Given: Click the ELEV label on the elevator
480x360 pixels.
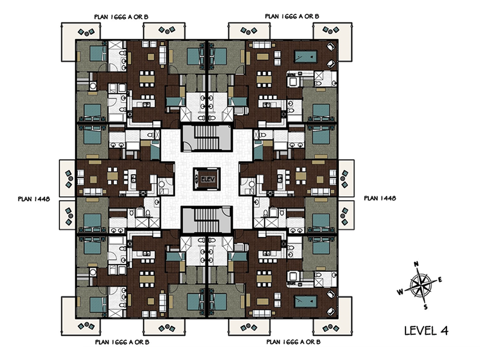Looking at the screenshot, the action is (207, 179).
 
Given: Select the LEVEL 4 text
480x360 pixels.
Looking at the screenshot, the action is (426, 331).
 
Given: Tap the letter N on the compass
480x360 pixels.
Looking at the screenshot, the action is (416, 264).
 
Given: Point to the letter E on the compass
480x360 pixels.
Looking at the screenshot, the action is (440, 279).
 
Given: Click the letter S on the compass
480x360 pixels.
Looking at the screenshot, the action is (425, 307).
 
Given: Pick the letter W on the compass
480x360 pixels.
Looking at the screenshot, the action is (400, 292).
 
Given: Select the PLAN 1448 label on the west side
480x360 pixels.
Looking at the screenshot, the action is (34, 199).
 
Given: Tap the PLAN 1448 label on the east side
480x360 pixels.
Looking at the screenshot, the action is (380, 198).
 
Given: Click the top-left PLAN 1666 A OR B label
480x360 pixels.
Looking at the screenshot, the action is (121, 17).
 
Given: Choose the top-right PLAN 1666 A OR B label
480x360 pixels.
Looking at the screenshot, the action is (292, 16).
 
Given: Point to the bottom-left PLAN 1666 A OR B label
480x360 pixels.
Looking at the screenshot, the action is (122, 342).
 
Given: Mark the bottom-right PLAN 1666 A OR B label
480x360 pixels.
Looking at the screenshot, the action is (293, 341).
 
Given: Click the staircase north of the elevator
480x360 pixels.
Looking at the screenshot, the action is (206, 138).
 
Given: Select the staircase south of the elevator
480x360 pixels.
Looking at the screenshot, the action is (206, 220).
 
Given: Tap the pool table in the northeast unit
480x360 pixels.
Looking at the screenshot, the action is (305, 56).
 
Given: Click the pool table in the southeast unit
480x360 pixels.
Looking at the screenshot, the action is (305, 302).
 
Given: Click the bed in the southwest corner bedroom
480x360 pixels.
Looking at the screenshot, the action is (98, 305).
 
